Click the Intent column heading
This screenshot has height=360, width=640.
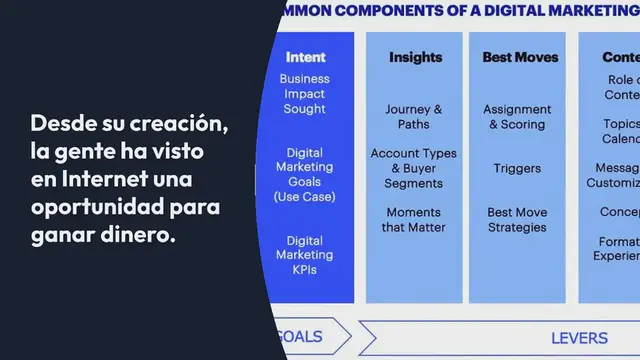[305, 57]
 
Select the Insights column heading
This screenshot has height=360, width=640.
[415, 57]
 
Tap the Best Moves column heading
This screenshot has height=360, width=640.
[520, 57]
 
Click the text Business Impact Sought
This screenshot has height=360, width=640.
[305, 94]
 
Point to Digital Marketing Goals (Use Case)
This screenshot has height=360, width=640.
[305, 175]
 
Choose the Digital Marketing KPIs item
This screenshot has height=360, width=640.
[305, 255]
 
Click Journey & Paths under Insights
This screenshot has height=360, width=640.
[413, 117]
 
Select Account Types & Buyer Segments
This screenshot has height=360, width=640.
[413, 168]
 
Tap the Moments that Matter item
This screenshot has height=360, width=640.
[413, 220]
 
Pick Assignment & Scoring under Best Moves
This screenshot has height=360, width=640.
[517, 117]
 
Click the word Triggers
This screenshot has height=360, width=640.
[517, 168]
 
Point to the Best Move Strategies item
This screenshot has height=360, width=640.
[517, 220]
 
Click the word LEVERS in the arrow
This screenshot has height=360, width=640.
[581, 337]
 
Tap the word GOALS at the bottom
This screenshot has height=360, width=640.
[299, 337]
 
